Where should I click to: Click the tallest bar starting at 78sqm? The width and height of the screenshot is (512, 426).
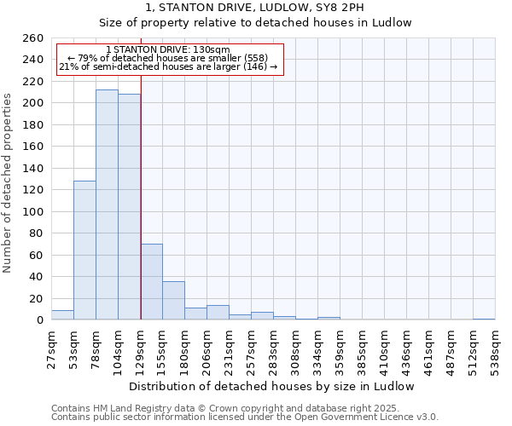107,204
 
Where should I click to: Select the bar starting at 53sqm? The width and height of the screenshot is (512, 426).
84,250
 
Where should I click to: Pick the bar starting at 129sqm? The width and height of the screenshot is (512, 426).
151,282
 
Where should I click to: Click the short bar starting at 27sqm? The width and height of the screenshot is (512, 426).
62,315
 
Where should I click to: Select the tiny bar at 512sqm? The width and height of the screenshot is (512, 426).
484,319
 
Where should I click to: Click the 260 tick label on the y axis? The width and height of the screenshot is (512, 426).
32,38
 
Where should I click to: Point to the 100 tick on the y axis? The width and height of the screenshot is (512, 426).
32,211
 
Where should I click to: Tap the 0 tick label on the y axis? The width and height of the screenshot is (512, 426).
39,320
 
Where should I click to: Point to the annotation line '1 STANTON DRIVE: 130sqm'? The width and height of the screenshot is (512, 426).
168,50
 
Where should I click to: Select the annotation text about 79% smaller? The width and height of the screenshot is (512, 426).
167,58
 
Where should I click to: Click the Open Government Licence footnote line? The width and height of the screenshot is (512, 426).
245,417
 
